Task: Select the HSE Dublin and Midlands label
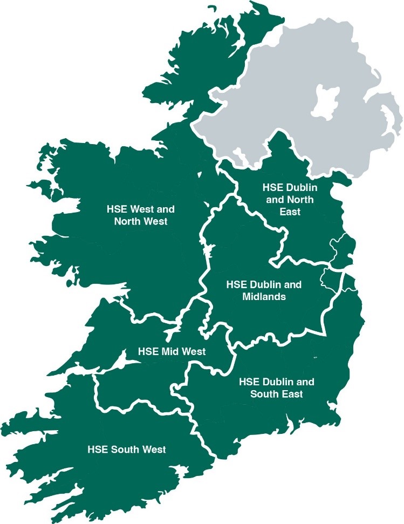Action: [263, 290]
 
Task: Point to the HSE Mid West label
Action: [172, 351]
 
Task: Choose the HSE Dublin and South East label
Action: [276, 387]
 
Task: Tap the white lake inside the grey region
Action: [327, 102]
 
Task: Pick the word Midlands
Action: [263, 296]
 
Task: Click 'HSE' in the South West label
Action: [98, 449]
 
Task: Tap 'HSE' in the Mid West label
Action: [148, 351]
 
